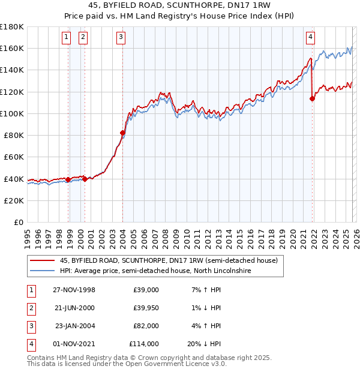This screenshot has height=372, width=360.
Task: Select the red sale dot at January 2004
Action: pos(122,133)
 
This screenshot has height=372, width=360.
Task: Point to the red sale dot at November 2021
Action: pos(312,98)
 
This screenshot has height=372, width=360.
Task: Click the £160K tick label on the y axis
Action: pos(12,48)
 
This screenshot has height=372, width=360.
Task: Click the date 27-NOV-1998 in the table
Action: pos(74,290)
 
